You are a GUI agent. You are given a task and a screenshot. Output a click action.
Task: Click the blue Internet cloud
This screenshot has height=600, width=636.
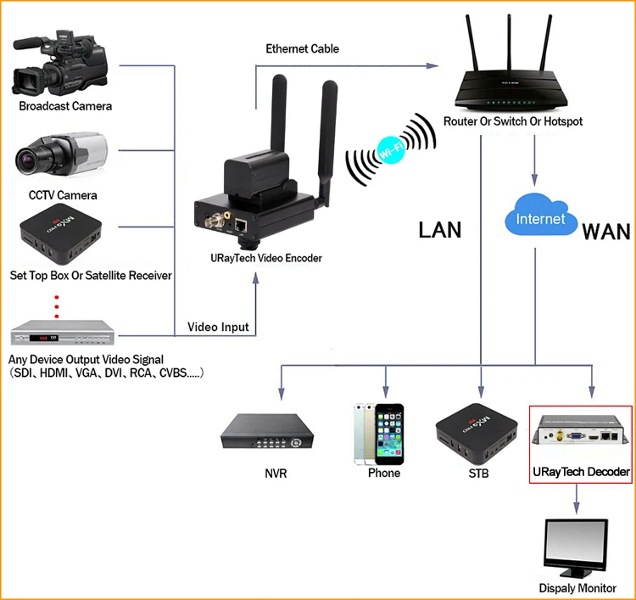tap(541, 215)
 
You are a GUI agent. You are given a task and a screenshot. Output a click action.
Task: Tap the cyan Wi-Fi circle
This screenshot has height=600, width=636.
tap(391, 150)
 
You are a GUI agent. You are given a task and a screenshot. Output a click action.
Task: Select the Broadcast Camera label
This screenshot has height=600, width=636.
tap(65, 106)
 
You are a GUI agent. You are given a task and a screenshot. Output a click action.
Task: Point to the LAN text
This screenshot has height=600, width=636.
tap(440, 230)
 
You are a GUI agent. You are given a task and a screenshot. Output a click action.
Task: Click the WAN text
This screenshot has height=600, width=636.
tap(606, 233)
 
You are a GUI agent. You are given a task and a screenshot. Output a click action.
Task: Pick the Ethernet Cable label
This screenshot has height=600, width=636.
tap(302, 48)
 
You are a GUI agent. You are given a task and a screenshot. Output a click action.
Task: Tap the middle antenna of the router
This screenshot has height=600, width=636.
tap(509, 42)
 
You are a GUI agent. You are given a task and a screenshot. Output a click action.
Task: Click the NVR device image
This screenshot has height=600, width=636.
tap(267, 431)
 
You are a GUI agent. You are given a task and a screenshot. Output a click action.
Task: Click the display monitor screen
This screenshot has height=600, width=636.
tap(576, 545)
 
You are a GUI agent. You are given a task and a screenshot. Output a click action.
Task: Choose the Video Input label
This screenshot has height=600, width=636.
tap(218, 328)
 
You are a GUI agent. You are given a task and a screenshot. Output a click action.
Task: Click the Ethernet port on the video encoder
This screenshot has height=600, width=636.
tap(241, 225)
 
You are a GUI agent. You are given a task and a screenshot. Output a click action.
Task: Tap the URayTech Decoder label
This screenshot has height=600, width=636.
tap(581, 472)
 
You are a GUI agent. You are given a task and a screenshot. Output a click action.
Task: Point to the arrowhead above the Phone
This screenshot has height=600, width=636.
tap(385, 392)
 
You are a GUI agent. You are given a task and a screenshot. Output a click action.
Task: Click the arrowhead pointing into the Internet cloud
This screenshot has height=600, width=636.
tap(534, 180)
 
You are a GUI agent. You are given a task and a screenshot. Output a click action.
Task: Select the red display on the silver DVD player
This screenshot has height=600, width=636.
tap(42, 338)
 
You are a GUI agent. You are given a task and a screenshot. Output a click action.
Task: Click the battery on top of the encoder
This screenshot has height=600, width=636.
tap(257, 173)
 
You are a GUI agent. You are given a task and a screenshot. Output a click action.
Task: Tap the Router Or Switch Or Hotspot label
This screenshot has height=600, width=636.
tap(513, 121)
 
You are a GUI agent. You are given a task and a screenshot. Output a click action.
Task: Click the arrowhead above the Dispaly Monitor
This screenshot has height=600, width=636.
tap(577, 507)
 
